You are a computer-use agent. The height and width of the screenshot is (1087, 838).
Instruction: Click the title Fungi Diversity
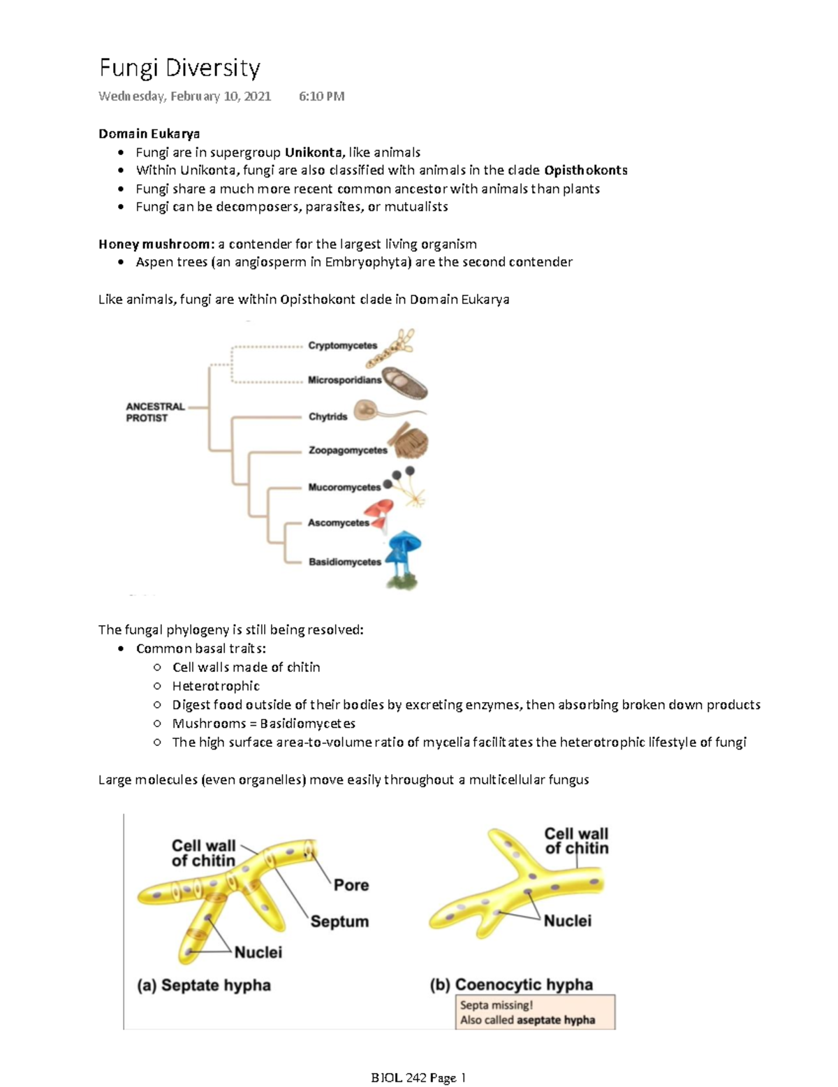(179, 68)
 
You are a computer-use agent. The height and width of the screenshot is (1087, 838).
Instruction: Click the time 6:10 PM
(321, 96)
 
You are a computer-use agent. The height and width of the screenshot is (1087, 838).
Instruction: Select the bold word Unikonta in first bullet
(313, 152)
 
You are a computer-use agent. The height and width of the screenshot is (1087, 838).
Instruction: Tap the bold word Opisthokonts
(585, 170)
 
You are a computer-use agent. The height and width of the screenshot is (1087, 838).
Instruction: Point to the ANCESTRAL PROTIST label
(154, 412)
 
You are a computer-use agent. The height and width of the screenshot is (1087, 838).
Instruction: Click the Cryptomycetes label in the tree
(342, 346)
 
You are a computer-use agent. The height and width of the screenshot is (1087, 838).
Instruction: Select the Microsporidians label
(344, 380)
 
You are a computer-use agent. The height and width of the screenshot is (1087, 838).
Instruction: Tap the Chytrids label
(328, 416)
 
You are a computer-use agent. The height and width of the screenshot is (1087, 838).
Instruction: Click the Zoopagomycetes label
(347, 451)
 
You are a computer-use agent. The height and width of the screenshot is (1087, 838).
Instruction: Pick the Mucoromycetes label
(344, 487)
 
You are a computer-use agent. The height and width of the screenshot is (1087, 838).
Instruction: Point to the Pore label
(351, 885)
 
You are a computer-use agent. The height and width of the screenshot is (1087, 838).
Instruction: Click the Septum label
(339, 921)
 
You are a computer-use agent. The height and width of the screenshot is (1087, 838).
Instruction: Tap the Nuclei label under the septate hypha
(258, 952)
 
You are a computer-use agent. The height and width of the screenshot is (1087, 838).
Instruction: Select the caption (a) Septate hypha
(204, 985)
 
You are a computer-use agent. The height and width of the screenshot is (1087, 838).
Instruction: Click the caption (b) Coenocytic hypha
(511, 984)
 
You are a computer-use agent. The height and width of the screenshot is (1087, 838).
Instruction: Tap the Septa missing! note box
(535, 1012)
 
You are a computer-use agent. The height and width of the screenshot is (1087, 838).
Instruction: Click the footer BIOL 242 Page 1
(418, 1077)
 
